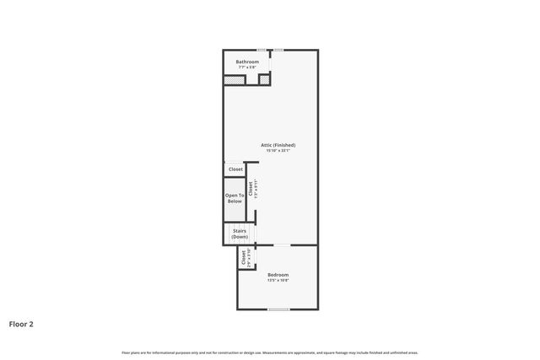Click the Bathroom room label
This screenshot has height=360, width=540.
click(x=247, y=62)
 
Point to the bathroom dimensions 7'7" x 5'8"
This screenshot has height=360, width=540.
click(x=247, y=67)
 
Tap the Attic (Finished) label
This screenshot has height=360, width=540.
click(x=278, y=145)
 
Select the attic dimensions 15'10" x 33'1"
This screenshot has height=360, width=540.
click(x=278, y=151)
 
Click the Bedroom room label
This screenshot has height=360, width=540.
click(x=278, y=275)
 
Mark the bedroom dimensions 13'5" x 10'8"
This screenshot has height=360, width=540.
click(x=278, y=281)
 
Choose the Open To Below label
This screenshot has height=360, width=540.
click(x=234, y=198)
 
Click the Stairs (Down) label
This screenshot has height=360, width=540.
click(x=240, y=234)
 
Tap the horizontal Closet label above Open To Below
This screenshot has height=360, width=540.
click(x=235, y=169)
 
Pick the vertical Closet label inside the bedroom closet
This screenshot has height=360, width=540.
click(x=244, y=258)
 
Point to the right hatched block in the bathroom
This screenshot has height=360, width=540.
click(x=264, y=80)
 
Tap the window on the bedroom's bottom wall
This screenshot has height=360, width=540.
click(x=278, y=309)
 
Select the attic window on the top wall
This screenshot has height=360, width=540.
click(x=278, y=49)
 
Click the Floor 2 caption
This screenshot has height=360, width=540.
click(x=21, y=323)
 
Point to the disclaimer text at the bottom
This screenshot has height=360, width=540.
click(x=270, y=352)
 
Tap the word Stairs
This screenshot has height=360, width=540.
click(x=240, y=230)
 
